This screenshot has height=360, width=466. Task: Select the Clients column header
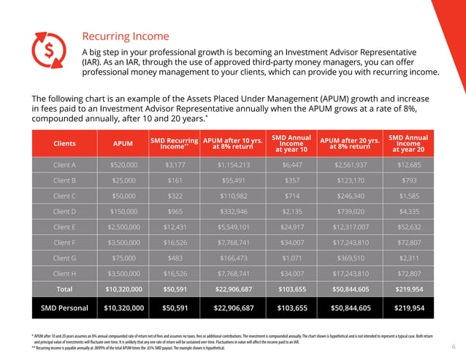click(x=64, y=144)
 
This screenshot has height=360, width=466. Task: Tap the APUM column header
click(x=123, y=144)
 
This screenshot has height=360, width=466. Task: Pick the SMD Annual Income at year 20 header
click(x=408, y=144)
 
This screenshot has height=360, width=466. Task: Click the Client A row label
click(x=64, y=165)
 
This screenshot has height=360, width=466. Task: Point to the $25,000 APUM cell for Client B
click(x=123, y=180)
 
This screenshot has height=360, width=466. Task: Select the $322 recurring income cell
click(x=174, y=196)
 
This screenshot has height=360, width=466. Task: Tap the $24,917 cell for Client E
click(x=291, y=227)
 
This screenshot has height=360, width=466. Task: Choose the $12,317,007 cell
click(x=350, y=227)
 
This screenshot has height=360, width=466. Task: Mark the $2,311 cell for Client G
click(x=408, y=258)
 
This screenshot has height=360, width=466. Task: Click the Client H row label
click(x=64, y=273)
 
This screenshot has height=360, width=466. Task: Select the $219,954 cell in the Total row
click(x=408, y=288)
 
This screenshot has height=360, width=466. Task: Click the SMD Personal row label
click(x=64, y=307)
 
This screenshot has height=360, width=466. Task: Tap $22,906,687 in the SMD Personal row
click(x=234, y=307)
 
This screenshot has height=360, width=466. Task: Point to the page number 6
click(x=453, y=347)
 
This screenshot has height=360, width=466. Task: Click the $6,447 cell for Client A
click(x=291, y=165)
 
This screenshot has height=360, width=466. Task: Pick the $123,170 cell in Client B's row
click(x=350, y=180)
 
